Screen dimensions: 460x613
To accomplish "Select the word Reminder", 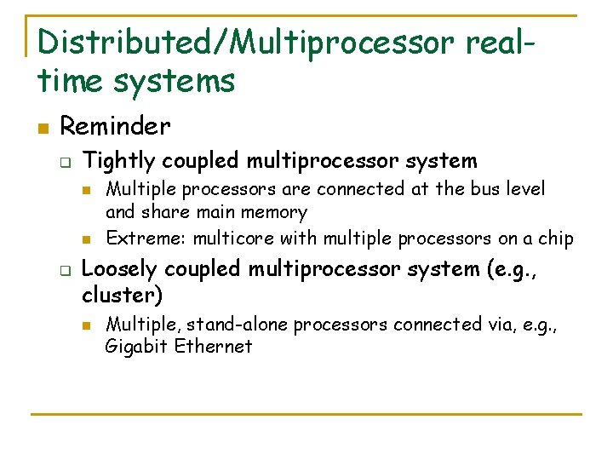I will tap(115, 127).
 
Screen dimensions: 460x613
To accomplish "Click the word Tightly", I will tap(120, 160).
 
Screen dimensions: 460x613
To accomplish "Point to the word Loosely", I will tap(118, 269).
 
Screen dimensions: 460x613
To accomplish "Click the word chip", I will tap(556, 238).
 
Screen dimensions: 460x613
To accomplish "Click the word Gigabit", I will tap(136, 346).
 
